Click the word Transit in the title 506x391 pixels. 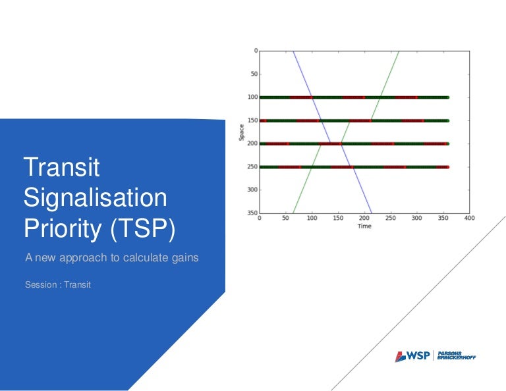[61, 168]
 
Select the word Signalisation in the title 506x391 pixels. [96, 197]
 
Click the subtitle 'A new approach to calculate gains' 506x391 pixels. [111, 258]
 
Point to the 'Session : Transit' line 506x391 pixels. [57, 285]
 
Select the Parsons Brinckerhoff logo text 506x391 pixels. [456, 356]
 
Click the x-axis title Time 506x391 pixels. [364, 226]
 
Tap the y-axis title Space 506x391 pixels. [241, 132]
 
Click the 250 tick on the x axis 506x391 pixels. [391, 219]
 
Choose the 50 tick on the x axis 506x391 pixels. [285, 219]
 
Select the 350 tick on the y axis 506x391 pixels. [252, 213]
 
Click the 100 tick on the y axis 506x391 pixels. [252, 97]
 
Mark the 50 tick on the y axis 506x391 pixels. [253, 74]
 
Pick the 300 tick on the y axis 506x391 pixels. [252, 190]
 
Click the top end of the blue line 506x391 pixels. [293, 51]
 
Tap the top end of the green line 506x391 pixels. [399, 51]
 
